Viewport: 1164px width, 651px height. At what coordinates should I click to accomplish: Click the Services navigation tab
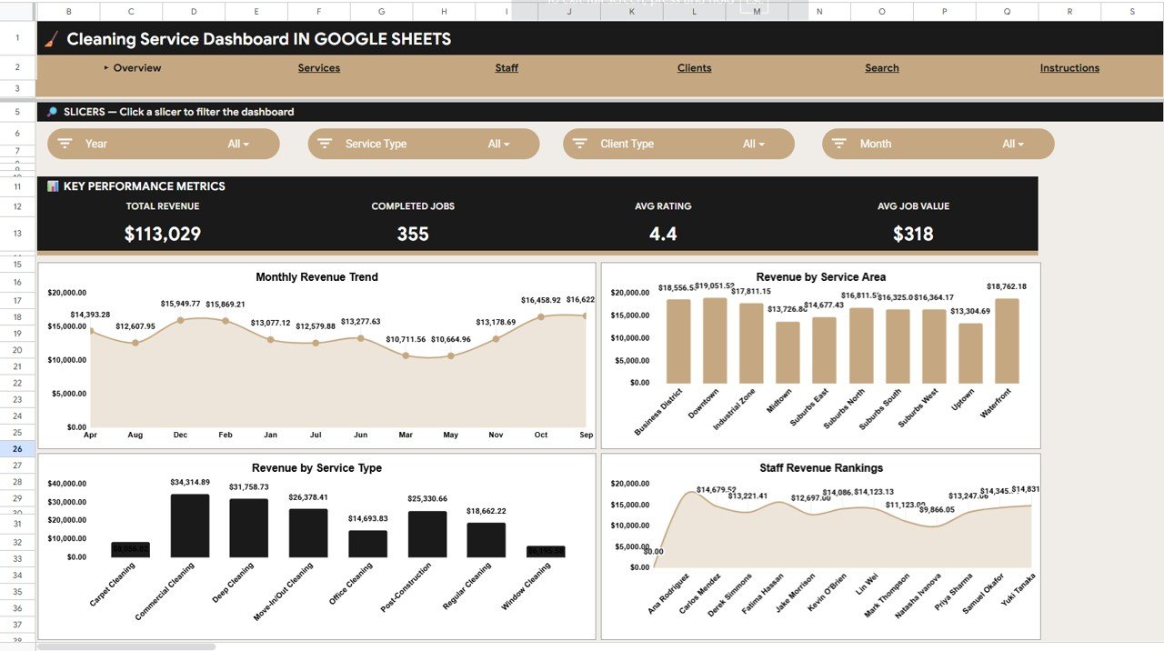point(318,68)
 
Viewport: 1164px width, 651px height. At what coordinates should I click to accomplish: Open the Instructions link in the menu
point(1069,68)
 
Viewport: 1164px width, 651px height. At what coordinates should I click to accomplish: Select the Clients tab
point(694,68)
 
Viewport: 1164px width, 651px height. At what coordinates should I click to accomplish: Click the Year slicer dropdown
point(164,144)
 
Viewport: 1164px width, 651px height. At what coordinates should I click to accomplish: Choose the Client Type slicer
point(678,144)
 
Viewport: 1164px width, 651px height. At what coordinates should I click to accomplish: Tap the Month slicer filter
point(938,144)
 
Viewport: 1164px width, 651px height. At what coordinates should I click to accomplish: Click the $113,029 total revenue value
point(163,234)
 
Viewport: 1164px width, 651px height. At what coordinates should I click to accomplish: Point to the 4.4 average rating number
point(663,234)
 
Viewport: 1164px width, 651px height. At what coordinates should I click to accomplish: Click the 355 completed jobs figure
point(413,234)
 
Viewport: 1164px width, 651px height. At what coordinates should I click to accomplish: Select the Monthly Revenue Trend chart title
point(316,277)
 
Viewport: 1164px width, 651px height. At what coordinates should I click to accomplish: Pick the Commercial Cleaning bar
point(190,526)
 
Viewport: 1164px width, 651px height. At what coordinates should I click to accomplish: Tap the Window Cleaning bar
point(546,551)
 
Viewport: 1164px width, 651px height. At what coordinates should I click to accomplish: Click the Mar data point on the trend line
point(406,356)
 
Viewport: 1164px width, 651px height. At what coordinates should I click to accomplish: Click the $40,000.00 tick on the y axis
point(66,484)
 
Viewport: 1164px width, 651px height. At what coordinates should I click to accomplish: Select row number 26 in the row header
point(17,448)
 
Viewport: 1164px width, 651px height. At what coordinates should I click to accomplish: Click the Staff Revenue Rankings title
point(820,468)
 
